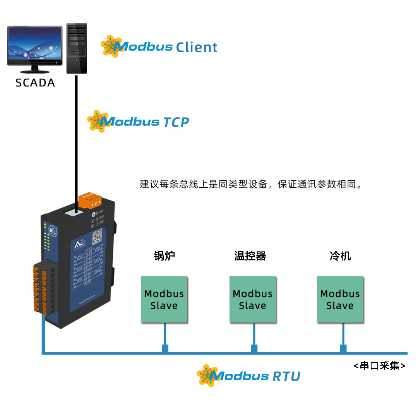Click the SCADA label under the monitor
click(x=35, y=83)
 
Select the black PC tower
click(x=76, y=48)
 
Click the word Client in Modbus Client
click(x=197, y=48)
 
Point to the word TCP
click(x=176, y=122)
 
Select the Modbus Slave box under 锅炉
click(x=164, y=300)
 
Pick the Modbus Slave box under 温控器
click(x=253, y=300)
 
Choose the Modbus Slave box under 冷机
click(x=340, y=300)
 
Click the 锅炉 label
click(x=164, y=256)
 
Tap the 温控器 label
click(x=250, y=256)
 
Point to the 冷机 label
click(x=340, y=256)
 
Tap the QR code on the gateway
click(x=97, y=236)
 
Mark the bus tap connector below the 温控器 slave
click(x=254, y=348)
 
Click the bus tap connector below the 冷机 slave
click(x=343, y=348)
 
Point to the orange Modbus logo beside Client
click(x=111, y=46)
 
